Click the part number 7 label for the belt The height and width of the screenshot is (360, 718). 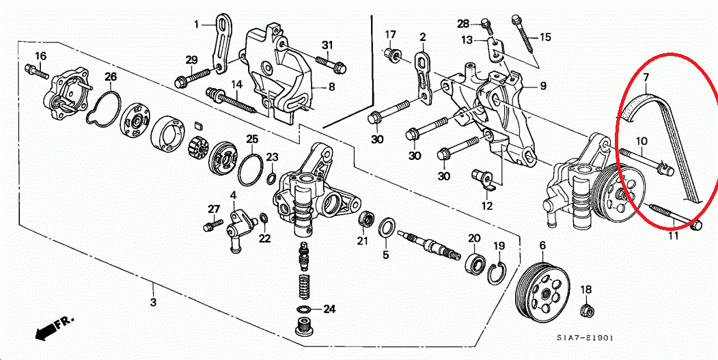click(646, 79)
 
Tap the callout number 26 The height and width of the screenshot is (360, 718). click(111, 76)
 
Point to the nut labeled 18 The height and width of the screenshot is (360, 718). click(585, 311)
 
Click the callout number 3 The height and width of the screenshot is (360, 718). click(153, 301)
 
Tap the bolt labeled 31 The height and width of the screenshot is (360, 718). click(331, 66)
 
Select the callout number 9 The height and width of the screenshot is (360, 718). click(543, 86)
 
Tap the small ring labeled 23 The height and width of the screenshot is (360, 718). click(271, 179)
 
